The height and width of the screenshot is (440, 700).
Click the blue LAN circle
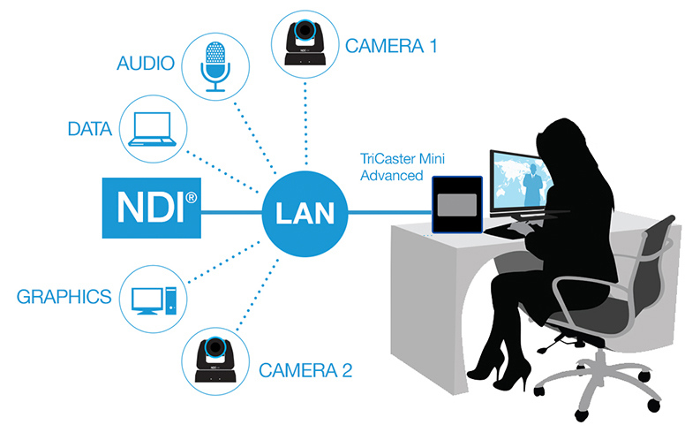point(303,213)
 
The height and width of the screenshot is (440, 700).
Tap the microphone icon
point(215,64)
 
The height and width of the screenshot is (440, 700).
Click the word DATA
point(89,130)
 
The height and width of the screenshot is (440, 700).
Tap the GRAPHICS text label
point(64,295)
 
